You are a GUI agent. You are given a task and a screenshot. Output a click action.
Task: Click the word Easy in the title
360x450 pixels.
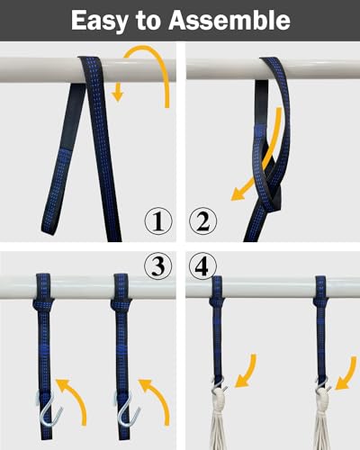[99, 21]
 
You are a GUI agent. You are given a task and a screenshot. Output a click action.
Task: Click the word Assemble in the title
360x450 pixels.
[229, 21]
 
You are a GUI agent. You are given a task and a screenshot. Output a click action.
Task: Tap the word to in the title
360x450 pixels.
[148, 21]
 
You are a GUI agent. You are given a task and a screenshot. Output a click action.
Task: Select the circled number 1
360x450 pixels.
[158, 221]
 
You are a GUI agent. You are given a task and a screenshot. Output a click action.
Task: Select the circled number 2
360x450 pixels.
[202, 221]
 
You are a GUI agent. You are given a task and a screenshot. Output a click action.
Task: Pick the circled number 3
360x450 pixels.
[158, 265]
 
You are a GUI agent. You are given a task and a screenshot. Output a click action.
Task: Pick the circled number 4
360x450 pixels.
[202, 265]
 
